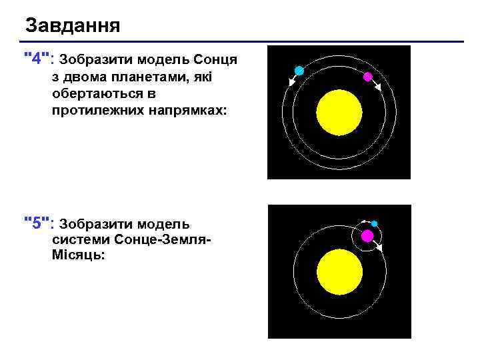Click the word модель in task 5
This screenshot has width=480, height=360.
164,223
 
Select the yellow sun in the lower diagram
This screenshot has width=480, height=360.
339,273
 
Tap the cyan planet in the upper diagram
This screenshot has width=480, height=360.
299,71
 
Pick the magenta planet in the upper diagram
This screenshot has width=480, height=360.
367,77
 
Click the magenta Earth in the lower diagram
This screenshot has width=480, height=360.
367,236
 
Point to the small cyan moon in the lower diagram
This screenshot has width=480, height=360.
374,223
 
